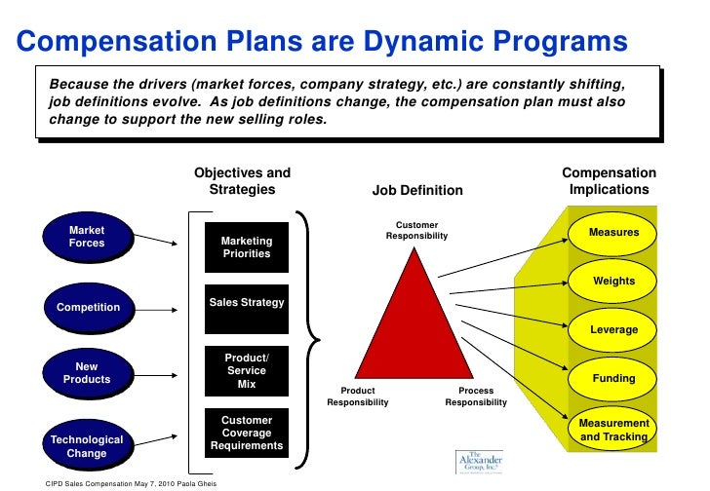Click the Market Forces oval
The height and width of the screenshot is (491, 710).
click(87, 237)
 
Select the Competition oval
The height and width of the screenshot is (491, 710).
click(88, 308)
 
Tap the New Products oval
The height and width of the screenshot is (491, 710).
click(87, 373)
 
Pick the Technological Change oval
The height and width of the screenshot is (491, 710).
click(87, 446)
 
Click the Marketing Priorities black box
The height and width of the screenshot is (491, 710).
click(247, 247)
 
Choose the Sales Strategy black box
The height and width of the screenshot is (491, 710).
click(247, 303)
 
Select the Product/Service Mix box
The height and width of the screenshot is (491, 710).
click(247, 371)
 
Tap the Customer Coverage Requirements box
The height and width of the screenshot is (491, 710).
click(247, 434)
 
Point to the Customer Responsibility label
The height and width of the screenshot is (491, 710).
click(416, 231)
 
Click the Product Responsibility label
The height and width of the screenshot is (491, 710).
click(357, 396)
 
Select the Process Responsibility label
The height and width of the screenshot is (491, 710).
click(476, 396)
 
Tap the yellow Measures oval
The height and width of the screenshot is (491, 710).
click(613, 233)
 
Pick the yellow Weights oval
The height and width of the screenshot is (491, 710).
click(613, 282)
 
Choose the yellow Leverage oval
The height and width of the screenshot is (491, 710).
click(613, 330)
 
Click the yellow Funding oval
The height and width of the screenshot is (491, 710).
click(613, 378)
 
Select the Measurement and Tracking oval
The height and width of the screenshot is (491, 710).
click(613, 430)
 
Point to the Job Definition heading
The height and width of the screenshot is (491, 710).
click(417, 191)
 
